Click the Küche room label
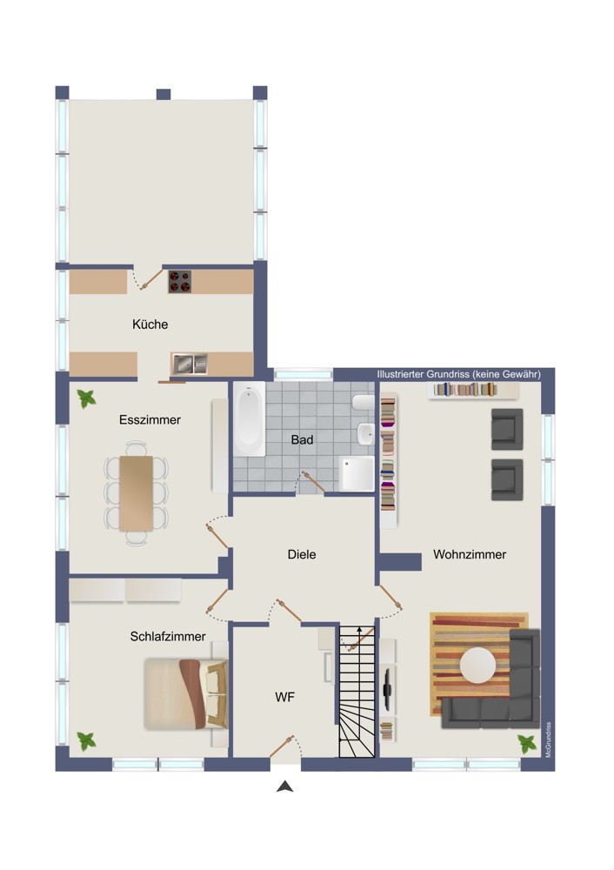click(150, 324)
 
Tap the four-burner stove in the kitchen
click(180, 281)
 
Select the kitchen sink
click(189, 364)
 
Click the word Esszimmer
click(150, 419)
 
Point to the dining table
click(137, 492)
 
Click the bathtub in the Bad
click(249, 419)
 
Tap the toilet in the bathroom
click(364, 402)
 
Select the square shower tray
click(357, 474)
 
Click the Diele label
click(302, 554)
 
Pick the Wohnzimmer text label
click(470, 554)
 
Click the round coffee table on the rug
click(478, 666)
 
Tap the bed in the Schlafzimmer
click(186, 693)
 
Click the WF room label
click(284, 697)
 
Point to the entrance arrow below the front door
click(285, 786)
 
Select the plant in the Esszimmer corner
click(86, 398)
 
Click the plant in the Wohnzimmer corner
click(526, 744)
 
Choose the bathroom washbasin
click(365, 434)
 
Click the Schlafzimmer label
click(168, 637)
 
